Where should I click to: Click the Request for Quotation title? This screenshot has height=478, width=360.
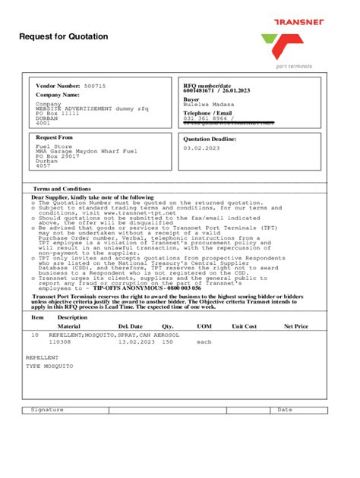pyautogui.click(x=64, y=36)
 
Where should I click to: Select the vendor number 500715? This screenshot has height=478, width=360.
pyautogui.click(x=95, y=86)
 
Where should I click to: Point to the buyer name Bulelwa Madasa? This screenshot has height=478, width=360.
pyautogui.click(x=209, y=104)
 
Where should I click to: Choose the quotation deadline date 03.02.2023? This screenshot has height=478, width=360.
pyautogui.click(x=200, y=148)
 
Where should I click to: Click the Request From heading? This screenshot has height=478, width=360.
pyautogui.click(x=55, y=137)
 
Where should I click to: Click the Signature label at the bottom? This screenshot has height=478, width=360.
pyautogui.click(x=47, y=410)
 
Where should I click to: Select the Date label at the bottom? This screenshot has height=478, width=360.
pyautogui.click(x=284, y=410)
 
